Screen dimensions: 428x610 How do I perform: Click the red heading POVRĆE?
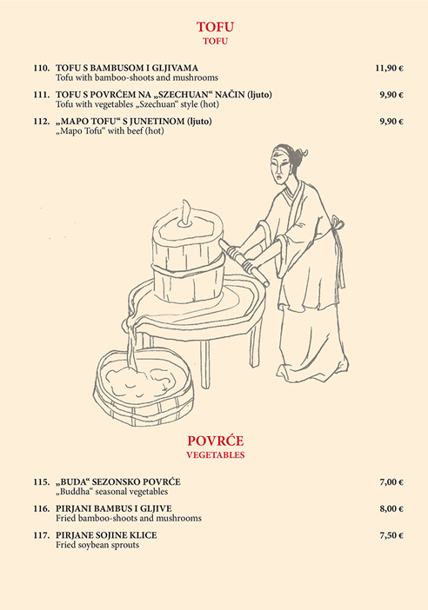[216, 441]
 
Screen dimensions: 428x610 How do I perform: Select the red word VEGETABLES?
[216, 454]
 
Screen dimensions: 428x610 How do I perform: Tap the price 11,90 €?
[389, 68]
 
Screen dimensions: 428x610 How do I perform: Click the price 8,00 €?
[391, 509]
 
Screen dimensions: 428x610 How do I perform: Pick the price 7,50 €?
[391, 535]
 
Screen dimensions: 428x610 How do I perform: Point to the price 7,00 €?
[391, 482]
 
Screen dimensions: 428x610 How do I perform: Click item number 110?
[42, 68]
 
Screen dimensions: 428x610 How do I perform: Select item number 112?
[42, 122]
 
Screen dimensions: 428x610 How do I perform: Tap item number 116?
[42, 509]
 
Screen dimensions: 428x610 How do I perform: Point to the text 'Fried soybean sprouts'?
[97, 545]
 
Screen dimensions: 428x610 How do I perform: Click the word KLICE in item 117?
[144, 535]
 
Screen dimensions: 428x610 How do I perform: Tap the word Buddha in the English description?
[75, 492]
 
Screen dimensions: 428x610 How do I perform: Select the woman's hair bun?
[299, 155]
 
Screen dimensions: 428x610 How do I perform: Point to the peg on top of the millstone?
[186, 214]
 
